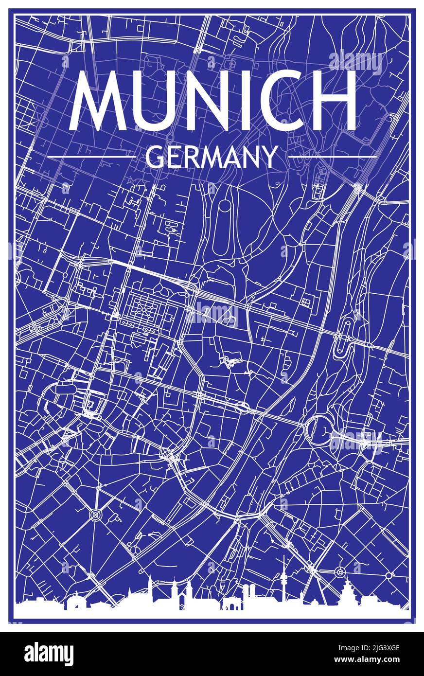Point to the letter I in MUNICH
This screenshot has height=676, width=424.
point(238,101)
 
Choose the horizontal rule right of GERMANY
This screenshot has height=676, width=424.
point(333,157)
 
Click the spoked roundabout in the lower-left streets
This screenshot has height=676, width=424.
point(95,514)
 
